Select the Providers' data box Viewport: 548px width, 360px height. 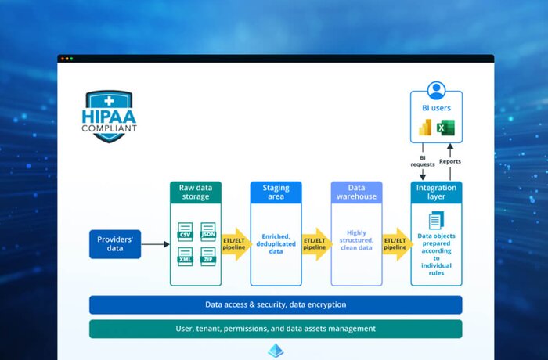115,244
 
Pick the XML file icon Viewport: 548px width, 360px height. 186,256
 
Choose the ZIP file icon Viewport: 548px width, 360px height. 207,256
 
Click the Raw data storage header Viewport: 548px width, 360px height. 196,193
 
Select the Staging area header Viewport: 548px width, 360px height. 276,193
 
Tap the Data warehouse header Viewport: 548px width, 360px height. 356,193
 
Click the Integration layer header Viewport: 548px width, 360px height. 436,193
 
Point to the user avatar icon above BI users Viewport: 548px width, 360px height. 436,90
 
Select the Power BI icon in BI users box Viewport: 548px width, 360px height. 426,128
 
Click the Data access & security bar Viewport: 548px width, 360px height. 276,304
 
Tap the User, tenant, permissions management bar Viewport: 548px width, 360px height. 276,329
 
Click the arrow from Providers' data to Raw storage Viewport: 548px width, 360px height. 155,244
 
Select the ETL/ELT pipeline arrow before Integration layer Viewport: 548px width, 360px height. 396,244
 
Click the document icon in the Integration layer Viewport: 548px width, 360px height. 436,221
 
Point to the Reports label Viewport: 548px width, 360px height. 450,162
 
